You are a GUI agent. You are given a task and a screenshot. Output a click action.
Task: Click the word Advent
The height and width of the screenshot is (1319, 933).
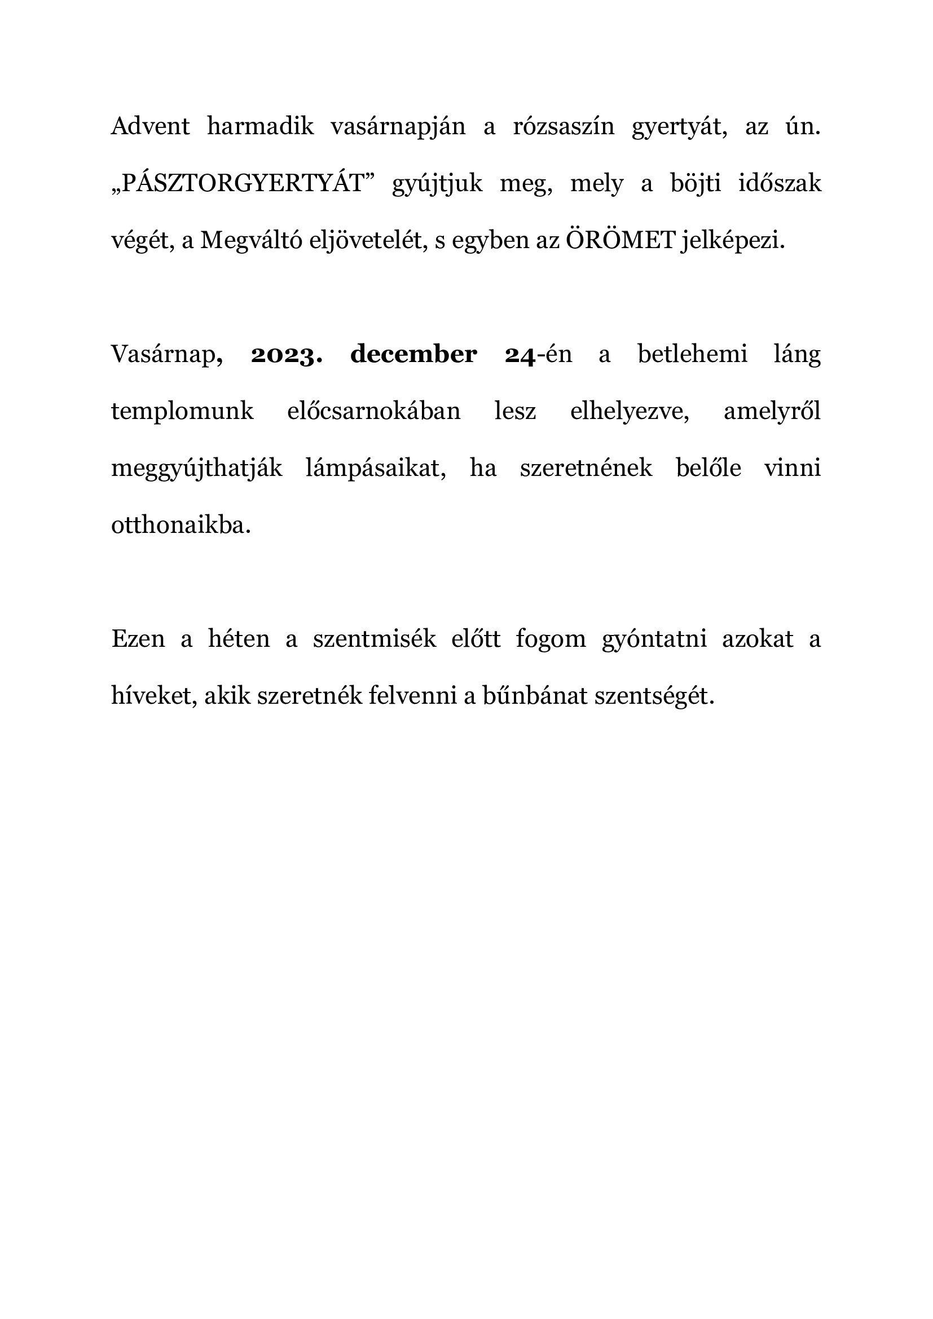[x=150, y=126]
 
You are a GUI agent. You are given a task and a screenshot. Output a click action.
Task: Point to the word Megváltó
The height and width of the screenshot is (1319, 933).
[x=246, y=241]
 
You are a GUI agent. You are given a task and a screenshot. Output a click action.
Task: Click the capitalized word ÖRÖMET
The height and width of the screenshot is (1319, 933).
[x=620, y=241]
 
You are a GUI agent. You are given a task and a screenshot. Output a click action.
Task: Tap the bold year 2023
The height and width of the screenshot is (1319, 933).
[x=286, y=355]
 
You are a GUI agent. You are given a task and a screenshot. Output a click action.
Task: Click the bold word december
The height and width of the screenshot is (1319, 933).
[x=413, y=355]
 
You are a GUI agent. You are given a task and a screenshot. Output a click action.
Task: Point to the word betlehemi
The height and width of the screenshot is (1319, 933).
[x=692, y=355]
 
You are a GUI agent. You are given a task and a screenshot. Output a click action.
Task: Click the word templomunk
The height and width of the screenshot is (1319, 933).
[x=182, y=411]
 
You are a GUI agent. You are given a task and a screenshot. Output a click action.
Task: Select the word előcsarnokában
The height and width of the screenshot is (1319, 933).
[x=373, y=411]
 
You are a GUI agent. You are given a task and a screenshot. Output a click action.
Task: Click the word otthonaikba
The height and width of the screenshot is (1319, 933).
[x=181, y=526]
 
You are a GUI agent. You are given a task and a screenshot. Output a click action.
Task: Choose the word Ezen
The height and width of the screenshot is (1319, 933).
[x=138, y=639]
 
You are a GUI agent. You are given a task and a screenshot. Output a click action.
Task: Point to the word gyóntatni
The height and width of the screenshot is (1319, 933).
[x=654, y=639]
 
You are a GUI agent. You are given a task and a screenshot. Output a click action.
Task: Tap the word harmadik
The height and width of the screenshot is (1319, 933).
[x=260, y=126]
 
